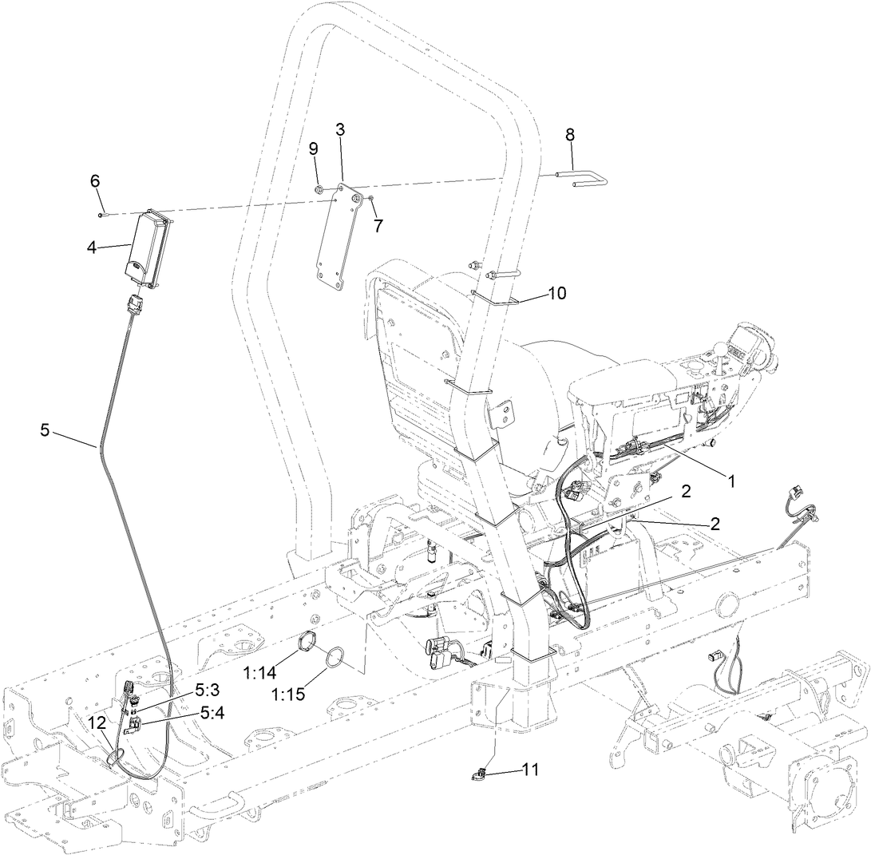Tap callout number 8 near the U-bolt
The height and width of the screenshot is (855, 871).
click(570, 134)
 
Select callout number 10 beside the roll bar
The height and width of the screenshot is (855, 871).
click(556, 293)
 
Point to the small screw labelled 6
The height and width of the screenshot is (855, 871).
click(101, 214)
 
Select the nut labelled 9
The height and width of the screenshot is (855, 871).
click(319, 190)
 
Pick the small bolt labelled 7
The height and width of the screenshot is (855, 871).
click(371, 197)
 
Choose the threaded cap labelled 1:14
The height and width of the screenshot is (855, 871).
click(307, 641)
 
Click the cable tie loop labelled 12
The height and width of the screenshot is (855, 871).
click(114, 757)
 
